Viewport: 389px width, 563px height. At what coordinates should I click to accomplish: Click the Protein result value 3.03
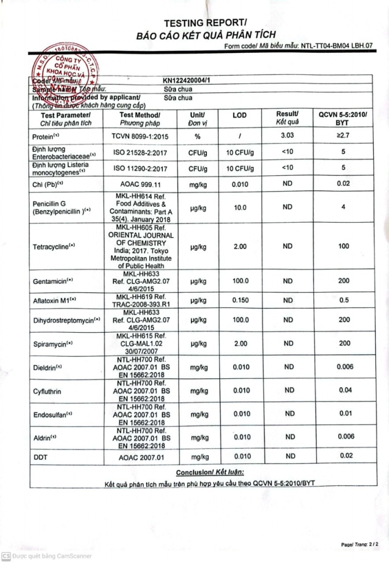point(287,135)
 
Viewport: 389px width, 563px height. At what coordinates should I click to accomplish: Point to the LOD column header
point(240,115)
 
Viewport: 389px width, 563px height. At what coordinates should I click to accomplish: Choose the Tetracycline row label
point(53,247)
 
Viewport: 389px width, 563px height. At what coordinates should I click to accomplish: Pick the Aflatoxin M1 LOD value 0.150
point(240,300)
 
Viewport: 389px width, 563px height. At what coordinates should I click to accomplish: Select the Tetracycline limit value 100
point(343,246)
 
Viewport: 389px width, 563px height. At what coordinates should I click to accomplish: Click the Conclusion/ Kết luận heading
point(209,472)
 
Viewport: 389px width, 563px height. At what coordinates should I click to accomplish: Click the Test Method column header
point(140,119)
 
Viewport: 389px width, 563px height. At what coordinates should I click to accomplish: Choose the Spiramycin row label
point(53,344)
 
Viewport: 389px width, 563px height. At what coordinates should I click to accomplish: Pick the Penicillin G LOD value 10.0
point(240,208)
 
